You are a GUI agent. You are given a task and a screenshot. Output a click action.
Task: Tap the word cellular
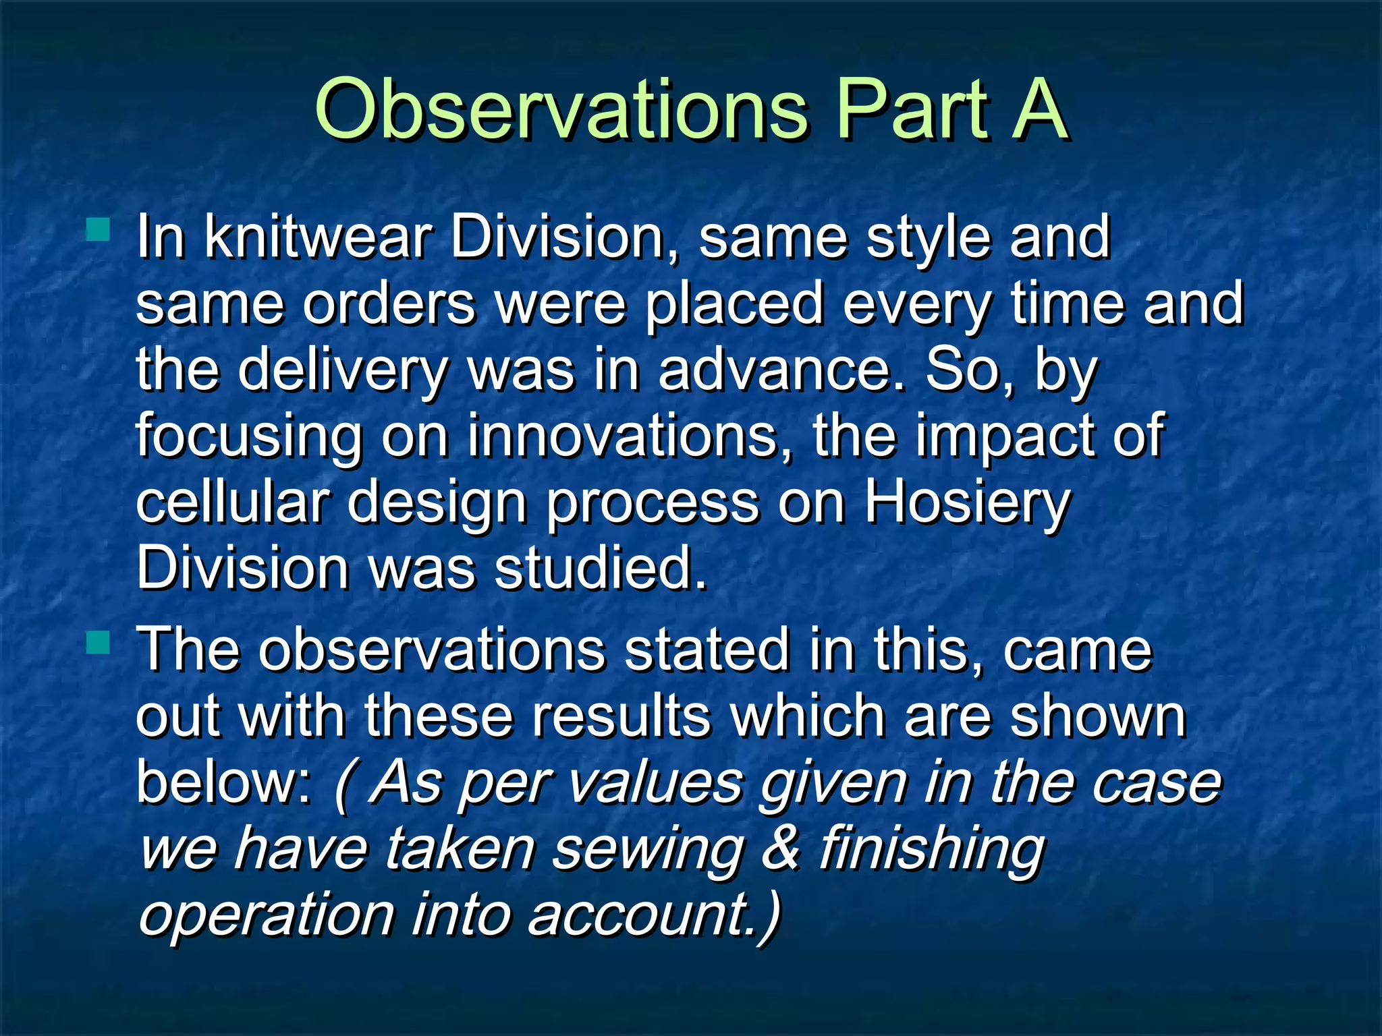(x=233, y=502)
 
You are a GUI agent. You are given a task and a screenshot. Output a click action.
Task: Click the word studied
(x=600, y=568)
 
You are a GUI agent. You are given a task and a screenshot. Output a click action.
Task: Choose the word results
(x=621, y=716)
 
